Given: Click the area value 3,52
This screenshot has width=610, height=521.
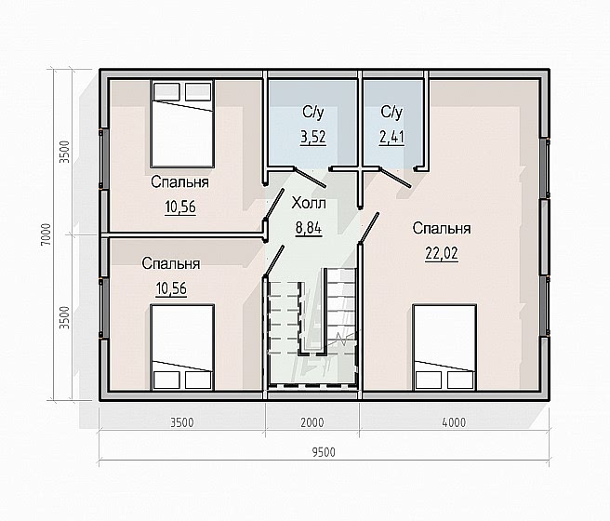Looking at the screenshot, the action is coord(313,138).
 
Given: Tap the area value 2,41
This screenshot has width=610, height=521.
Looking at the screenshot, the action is coord(391,138).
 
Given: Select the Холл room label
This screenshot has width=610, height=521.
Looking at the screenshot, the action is coord(309,203).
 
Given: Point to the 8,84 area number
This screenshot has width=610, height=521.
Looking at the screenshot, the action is coord(309,228).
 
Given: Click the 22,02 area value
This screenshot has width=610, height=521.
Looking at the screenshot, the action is coord(442,254).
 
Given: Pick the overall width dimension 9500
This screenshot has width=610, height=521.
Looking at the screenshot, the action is coord(324,452).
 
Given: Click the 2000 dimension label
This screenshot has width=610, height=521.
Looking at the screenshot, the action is coord(312,422).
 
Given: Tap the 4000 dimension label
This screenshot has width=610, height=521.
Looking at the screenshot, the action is coord(454,422).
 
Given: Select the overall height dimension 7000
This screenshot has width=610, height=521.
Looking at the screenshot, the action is coord(46,234).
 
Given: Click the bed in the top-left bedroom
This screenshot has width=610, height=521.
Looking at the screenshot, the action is coord(182,124).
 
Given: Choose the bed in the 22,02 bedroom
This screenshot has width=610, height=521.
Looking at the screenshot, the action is coord(444,347).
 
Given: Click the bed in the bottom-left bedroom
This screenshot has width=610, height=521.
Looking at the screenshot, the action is coord(182,347).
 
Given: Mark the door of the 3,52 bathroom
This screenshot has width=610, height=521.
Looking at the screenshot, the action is coord(311,178).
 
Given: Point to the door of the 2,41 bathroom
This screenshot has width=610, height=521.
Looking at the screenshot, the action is coord(394,178).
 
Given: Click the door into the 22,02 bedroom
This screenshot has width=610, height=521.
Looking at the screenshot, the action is coord(369,228).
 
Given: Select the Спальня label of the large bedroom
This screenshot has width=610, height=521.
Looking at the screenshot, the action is coord(442,228).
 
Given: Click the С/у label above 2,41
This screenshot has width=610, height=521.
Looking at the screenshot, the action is coord(391,112).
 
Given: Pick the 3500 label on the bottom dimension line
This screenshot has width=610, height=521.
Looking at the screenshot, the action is coord(182,422).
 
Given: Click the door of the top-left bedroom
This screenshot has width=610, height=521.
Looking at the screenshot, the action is coord(274,205).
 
